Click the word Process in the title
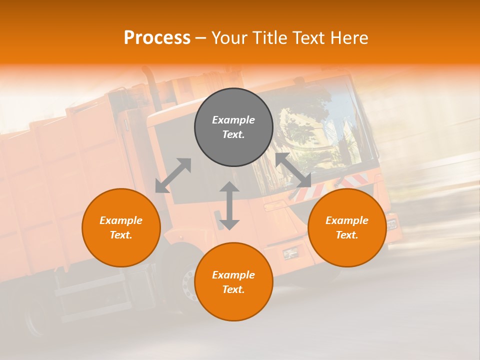157,38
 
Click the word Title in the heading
269,38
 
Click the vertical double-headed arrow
229,205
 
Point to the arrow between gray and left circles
173,175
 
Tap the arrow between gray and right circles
293,170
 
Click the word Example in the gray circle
233,120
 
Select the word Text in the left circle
121,235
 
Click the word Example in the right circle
347,220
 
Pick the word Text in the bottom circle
233,289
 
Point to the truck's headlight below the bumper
290,253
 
